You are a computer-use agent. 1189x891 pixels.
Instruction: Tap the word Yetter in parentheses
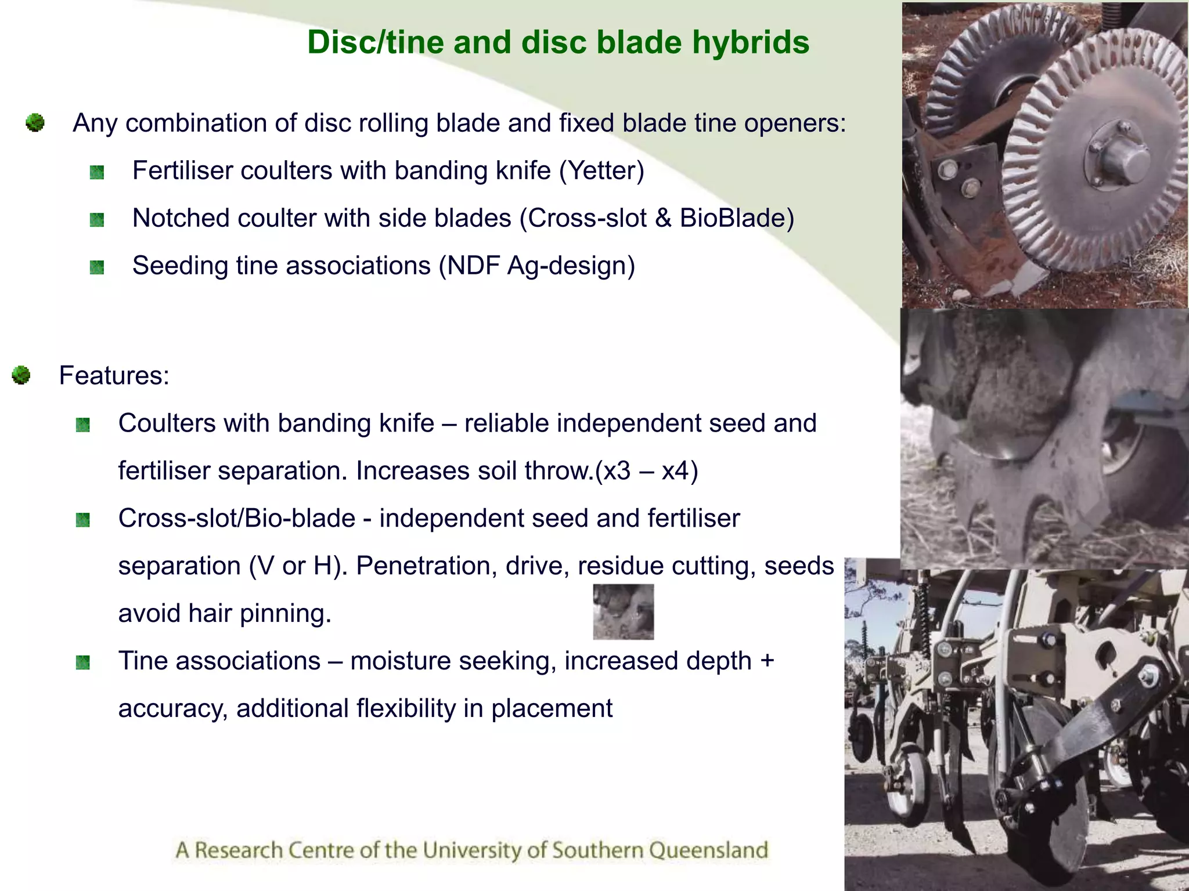(x=601, y=171)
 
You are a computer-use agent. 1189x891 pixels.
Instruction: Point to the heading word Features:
(x=114, y=375)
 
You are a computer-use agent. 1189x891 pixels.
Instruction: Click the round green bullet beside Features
(x=21, y=375)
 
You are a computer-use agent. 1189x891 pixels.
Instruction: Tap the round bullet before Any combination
(x=35, y=123)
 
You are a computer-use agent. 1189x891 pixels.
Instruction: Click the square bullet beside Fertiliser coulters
(x=97, y=172)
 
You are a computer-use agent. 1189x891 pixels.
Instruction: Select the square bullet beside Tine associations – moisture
(x=83, y=662)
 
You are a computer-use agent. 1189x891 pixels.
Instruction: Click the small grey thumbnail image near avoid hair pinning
(x=623, y=611)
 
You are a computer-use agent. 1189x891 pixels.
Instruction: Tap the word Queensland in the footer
(x=708, y=850)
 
